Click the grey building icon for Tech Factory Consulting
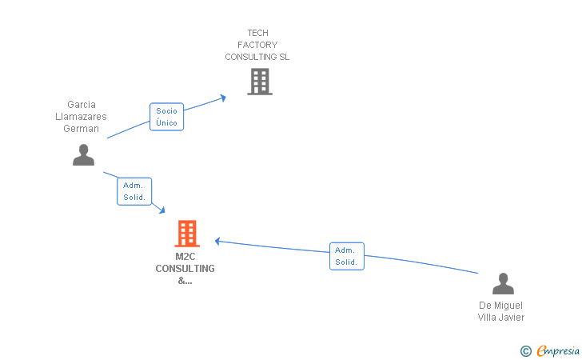tap(259, 82)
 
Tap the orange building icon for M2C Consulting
tap(186, 234)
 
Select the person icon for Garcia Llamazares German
tap(83, 154)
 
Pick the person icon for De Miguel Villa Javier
tap(502, 284)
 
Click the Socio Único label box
tap(167, 117)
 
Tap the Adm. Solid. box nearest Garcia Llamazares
tap(134, 191)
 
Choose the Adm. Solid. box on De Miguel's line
tap(346, 256)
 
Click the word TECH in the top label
tap(257, 33)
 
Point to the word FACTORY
tap(257, 45)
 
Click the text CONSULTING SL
tap(257, 57)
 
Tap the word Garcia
tap(82, 105)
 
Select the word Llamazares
tap(82, 117)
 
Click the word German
tap(82, 129)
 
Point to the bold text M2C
tap(185, 257)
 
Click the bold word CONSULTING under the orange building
tap(185, 269)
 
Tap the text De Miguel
tap(501, 306)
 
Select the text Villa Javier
tap(501, 318)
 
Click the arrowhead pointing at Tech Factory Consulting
tap(223, 97)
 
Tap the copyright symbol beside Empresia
tap(525, 350)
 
